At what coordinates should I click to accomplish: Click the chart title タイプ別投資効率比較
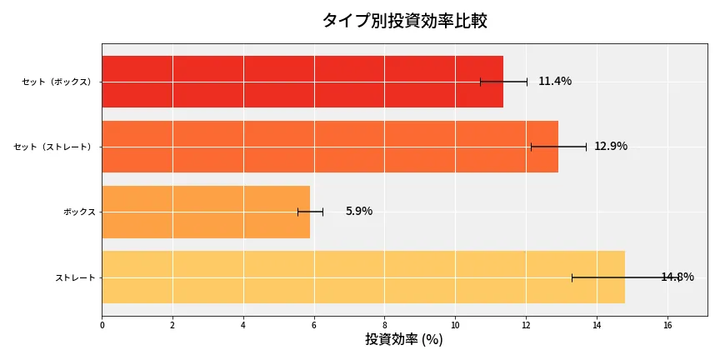404,21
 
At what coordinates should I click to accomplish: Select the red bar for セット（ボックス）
302,82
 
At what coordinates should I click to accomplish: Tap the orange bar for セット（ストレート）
330,147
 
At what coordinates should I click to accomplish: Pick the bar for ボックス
206,212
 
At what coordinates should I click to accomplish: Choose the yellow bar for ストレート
363,277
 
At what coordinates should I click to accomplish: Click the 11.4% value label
555,82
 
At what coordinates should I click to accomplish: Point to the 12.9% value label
611,147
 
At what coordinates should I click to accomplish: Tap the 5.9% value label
359,212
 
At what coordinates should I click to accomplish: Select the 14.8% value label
677,277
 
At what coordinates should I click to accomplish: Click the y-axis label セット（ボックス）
57,82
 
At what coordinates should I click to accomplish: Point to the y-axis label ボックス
79,212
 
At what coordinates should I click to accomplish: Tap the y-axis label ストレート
75,277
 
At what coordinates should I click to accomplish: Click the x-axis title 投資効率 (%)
404,340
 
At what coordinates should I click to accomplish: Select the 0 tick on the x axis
102,325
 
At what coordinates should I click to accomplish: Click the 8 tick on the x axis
385,325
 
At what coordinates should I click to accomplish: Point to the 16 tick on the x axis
667,325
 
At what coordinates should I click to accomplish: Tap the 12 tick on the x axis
526,325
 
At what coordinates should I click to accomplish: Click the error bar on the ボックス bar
310,212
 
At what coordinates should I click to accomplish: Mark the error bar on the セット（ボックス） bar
503,82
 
